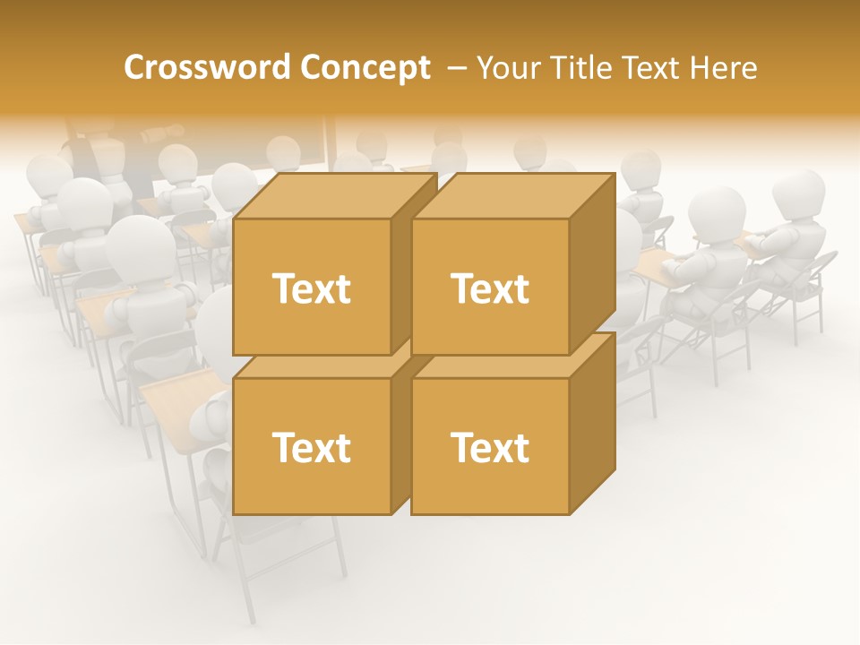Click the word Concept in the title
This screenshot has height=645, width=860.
(x=365, y=67)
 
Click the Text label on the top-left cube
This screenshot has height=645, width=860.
(x=311, y=288)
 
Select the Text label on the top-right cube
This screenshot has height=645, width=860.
(x=489, y=288)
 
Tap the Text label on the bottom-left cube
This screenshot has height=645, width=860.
(x=311, y=447)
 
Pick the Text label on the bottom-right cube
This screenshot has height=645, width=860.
(x=489, y=447)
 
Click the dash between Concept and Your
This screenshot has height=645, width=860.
(x=456, y=67)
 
